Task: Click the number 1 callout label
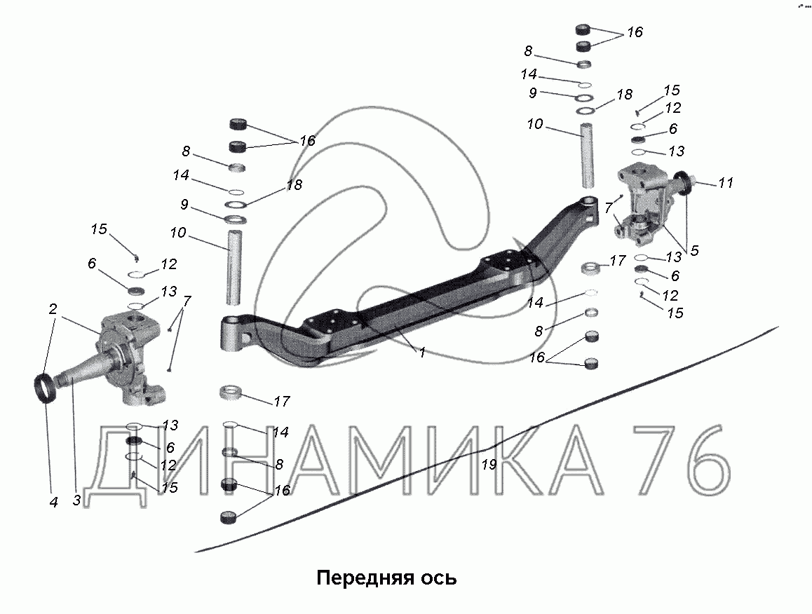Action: click(x=422, y=353)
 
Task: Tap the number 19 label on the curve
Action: click(x=489, y=465)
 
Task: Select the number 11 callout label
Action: click(x=726, y=183)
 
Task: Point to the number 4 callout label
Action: click(x=54, y=502)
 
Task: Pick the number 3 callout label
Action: click(x=694, y=250)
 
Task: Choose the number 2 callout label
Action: click(x=53, y=309)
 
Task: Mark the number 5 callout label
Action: click(x=694, y=250)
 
